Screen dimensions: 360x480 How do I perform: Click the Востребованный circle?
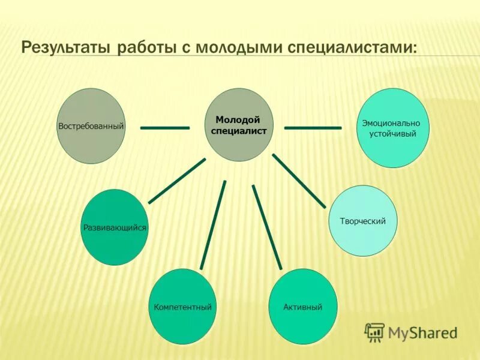[x=91, y=126]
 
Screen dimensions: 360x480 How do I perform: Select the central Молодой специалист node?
[x=239, y=125]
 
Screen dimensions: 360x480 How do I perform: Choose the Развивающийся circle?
[x=115, y=227]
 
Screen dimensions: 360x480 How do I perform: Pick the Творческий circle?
[x=363, y=221]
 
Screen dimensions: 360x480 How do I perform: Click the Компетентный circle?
[x=182, y=307]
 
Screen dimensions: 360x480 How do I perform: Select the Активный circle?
[x=302, y=307]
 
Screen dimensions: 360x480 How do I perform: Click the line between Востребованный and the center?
[x=165, y=127]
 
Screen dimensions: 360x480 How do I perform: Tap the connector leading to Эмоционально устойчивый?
[x=313, y=127]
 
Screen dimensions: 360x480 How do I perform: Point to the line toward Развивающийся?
[x=177, y=181]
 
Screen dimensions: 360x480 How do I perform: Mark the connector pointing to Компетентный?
[x=213, y=225]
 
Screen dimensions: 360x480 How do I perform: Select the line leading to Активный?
[x=266, y=226]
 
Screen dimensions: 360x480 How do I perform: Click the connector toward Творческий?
[x=299, y=181]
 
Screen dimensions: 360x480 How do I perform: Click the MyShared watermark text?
[x=423, y=332]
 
